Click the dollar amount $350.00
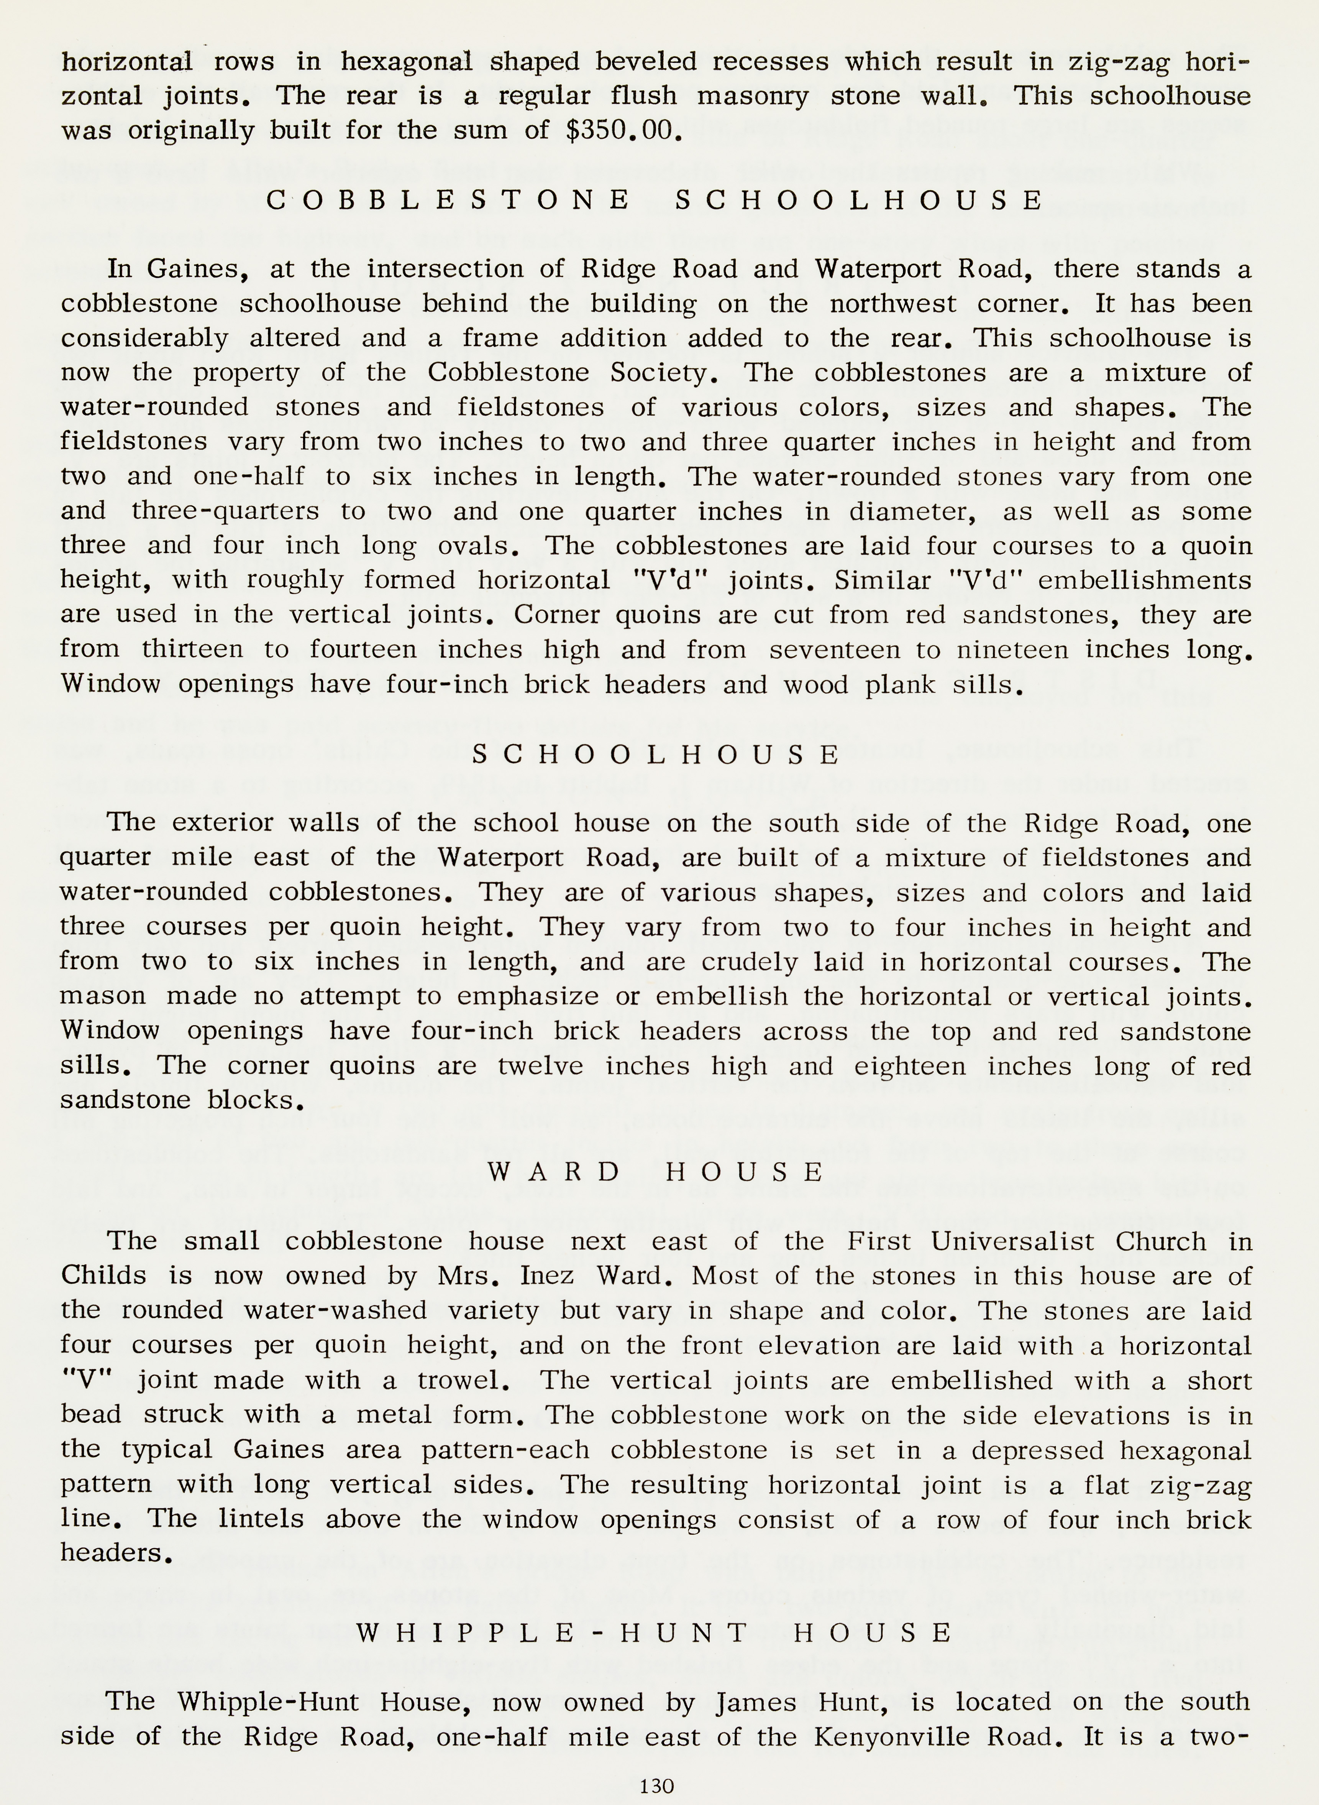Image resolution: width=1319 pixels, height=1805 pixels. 623,130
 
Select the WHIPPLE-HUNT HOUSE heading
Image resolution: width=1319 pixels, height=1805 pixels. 655,1632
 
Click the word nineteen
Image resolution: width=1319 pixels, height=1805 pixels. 1012,649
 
